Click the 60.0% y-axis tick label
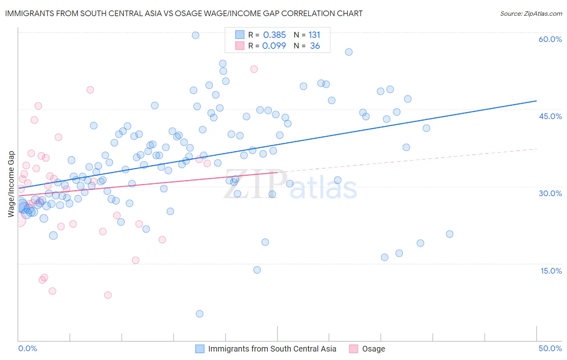pos(550,39)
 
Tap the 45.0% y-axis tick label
pos(550,116)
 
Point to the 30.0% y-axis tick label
pos(550,193)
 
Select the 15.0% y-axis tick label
pos(551,271)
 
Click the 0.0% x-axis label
pos(27,348)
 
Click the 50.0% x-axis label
pos(550,348)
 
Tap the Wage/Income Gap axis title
pos(11,184)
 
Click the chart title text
pos(184,13)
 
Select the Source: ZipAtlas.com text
pos(531,13)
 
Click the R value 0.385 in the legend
pos(274,35)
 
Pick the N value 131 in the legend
pos(314,35)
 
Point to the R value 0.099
pos(274,46)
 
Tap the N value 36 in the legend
pos(315,46)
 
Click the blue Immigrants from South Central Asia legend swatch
pos(200,349)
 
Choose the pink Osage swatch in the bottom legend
pos(354,349)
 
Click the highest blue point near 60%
pos(196,35)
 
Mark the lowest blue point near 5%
pos(199,314)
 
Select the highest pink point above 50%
pos(254,69)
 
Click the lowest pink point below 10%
pos(108,295)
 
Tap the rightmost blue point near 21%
pos(450,234)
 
